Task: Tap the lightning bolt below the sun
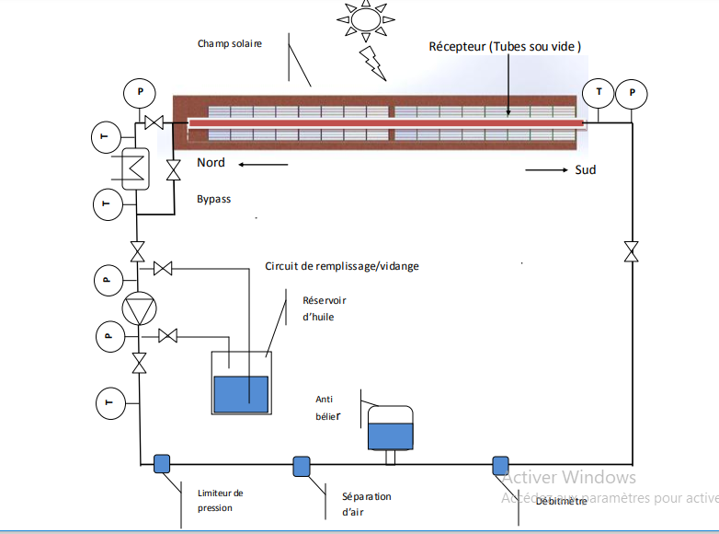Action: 372,63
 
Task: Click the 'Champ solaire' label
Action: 230,44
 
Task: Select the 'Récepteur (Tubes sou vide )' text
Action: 505,46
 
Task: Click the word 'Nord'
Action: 211,164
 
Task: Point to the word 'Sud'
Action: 585,169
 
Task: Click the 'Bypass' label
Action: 213,199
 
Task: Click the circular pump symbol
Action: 139,309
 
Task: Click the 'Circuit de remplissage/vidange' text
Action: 342,267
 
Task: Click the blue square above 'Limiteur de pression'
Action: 162,463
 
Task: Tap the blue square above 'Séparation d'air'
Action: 302,466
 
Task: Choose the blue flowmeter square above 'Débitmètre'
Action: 500,465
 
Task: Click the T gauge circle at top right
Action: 599,92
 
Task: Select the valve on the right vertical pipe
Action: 631,251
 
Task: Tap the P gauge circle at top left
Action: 140,92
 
